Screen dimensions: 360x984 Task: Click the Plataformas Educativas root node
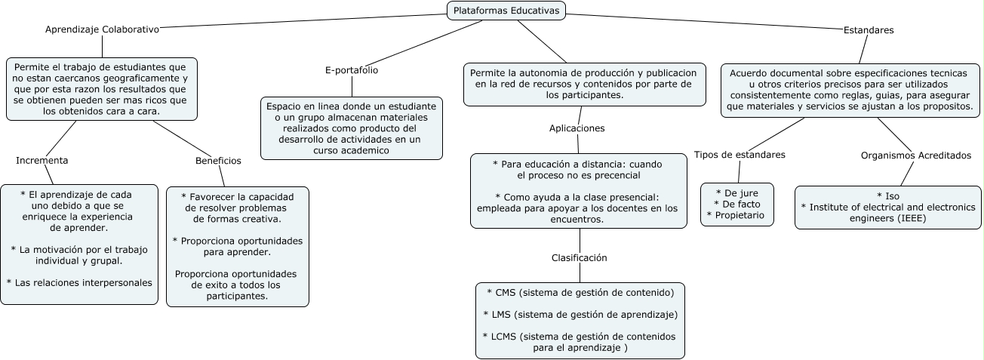pos(506,11)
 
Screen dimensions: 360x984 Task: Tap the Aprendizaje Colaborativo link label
pos(102,29)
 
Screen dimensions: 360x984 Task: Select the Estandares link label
pos(868,30)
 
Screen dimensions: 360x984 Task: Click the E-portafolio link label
pos(351,70)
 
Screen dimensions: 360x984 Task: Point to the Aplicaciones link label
pos(577,128)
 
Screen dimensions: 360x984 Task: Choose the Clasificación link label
pos(579,257)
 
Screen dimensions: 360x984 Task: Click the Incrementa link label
pos(42,160)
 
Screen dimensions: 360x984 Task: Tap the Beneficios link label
pos(218,161)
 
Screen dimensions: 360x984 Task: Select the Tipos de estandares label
pos(740,155)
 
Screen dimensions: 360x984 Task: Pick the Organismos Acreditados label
pos(916,155)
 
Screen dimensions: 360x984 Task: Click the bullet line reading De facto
pos(736,204)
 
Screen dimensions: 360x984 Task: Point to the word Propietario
pos(739,216)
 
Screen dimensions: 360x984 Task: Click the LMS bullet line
pos(580,314)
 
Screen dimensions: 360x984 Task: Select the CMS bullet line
pos(580,291)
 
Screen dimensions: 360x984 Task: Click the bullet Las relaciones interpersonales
pos(79,282)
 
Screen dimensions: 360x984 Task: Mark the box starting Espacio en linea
pos(351,128)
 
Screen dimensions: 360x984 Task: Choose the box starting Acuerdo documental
pos(850,91)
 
